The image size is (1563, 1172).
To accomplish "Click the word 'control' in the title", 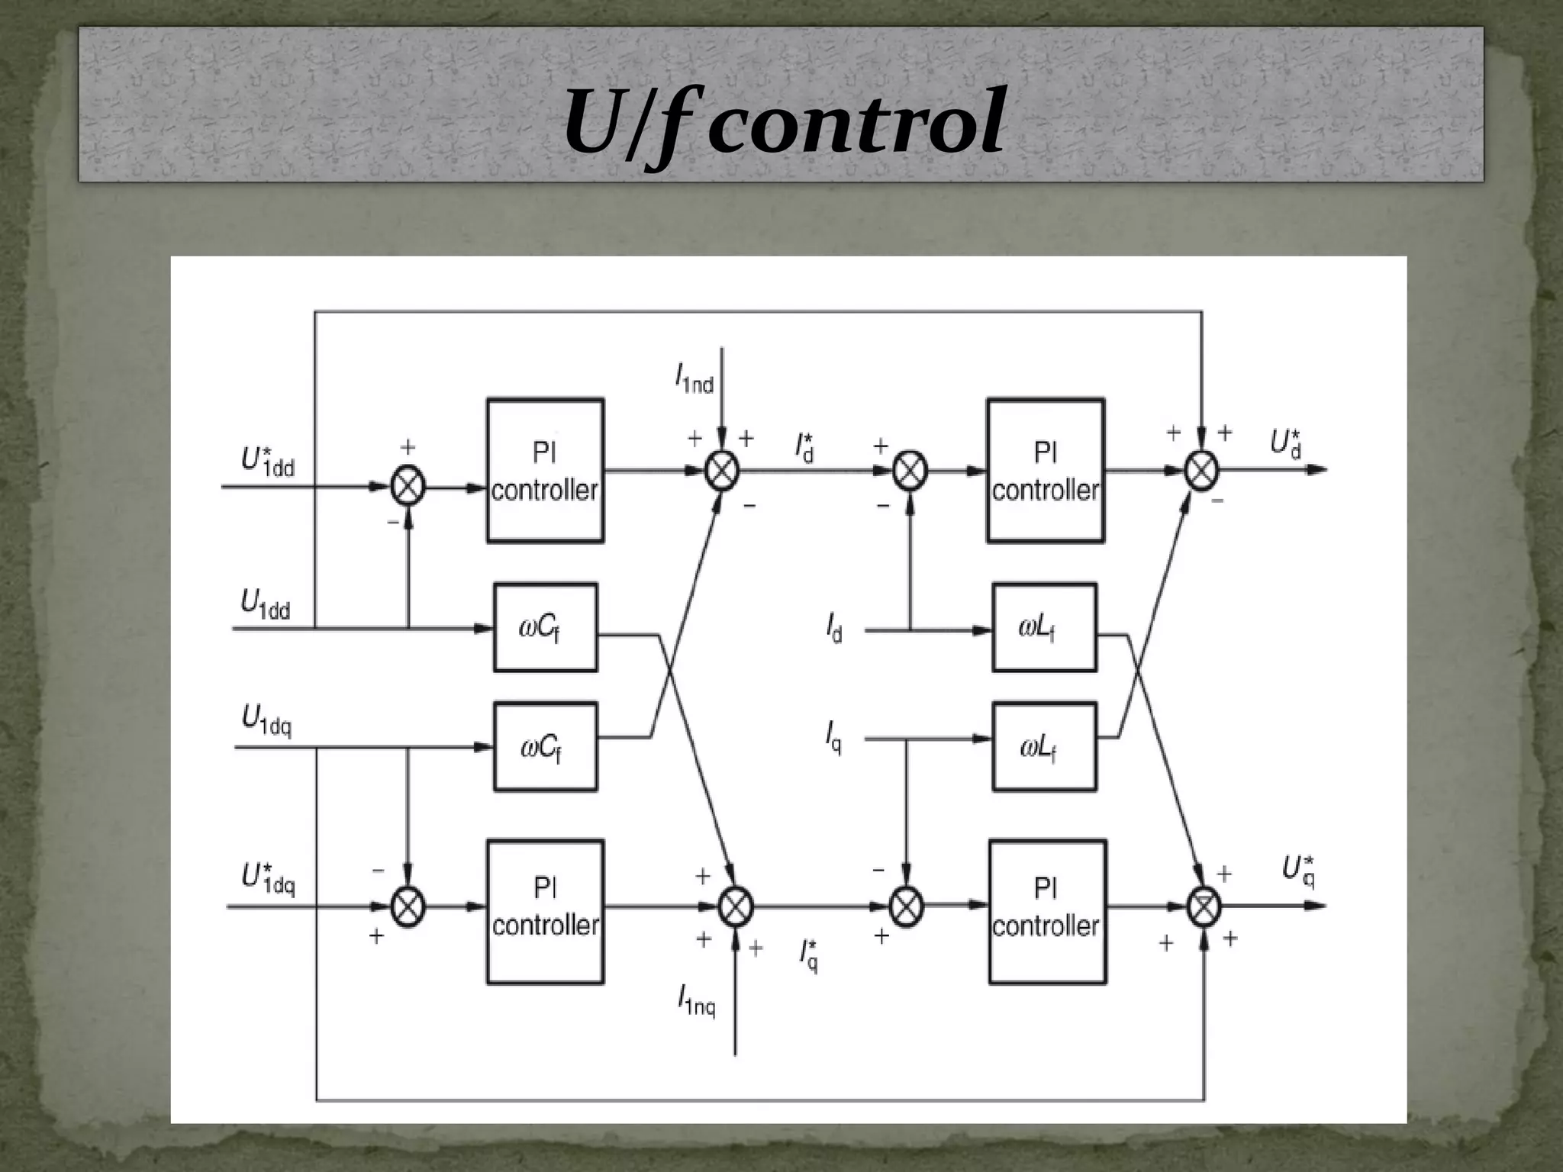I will [856, 122].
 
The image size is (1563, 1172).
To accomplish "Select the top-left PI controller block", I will [545, 471].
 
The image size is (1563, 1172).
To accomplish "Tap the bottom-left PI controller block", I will [545, 911].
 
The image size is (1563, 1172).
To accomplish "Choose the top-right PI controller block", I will [1046, 471].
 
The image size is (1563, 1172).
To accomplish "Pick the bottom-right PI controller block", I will [1047, 911].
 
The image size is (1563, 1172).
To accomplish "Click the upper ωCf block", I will [545, 627].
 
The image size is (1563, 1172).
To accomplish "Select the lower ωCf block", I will [545, 746].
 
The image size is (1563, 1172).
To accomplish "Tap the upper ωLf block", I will [1044, 627].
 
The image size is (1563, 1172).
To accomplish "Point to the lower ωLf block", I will [1044, 746].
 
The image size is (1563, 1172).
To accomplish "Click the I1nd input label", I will [694, 378].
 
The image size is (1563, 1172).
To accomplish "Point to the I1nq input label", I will [697, 1000].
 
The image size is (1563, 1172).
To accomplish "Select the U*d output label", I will [1286, 444].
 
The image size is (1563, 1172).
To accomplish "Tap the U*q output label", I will [1298, 871].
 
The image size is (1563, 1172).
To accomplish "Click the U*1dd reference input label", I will [268, 461].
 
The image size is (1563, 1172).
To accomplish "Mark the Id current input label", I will [834, 629].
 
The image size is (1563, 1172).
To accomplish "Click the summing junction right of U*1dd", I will [408, 486].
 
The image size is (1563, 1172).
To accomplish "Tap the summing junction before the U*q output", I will [1204, 906].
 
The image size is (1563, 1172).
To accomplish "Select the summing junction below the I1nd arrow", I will [722, 470].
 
